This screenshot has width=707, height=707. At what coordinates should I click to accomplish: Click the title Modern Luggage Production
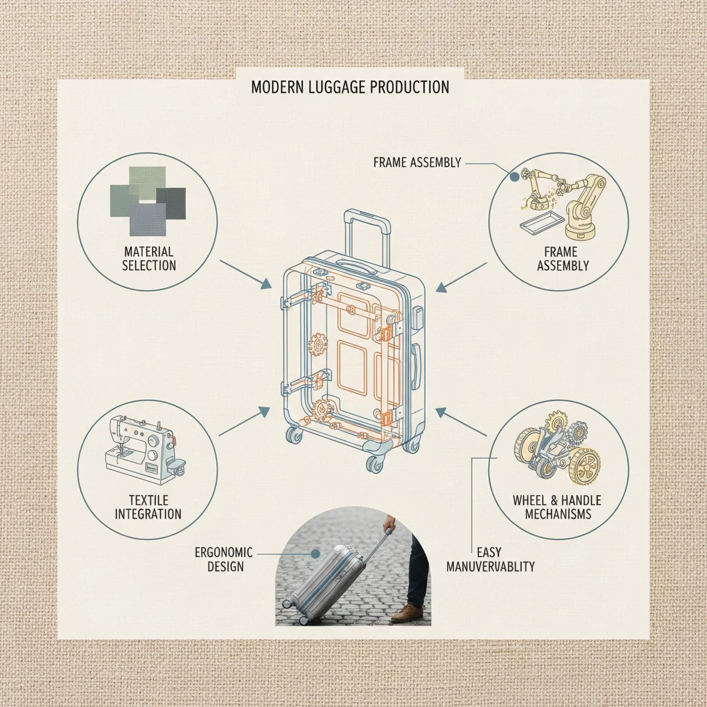pyautogui.click(x=350, y=88)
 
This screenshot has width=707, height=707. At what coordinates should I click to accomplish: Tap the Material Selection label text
pyautogui.click(x=149, y=258)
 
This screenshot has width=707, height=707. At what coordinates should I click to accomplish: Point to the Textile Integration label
pyautogui.click(x=148, y=507)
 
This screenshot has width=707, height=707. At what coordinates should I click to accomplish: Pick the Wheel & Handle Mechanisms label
pyautogui.click(x=556, y=507)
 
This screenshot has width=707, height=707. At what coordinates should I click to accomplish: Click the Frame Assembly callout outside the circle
pyautogui.click(x=416, y=163)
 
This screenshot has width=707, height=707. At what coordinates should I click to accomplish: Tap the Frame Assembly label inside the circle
pyautogui.click(x=563, y=258)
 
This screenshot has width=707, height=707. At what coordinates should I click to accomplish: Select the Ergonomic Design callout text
pyautogui.click(x=224, y=559)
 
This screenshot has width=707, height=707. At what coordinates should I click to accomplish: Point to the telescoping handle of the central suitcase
pyautogui.click(x=367, y=231)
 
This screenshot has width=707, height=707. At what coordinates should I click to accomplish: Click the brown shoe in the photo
pyautogui.click(x=407, y=612)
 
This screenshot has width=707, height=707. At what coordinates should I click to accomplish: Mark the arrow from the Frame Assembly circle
pyautogui.click(x=462, y=275)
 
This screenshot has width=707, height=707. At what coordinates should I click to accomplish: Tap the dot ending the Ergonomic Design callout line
pyautogui.click(x=315, y=553)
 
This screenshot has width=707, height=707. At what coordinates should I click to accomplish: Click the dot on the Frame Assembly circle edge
pyautogui.click(x=514, y=177)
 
